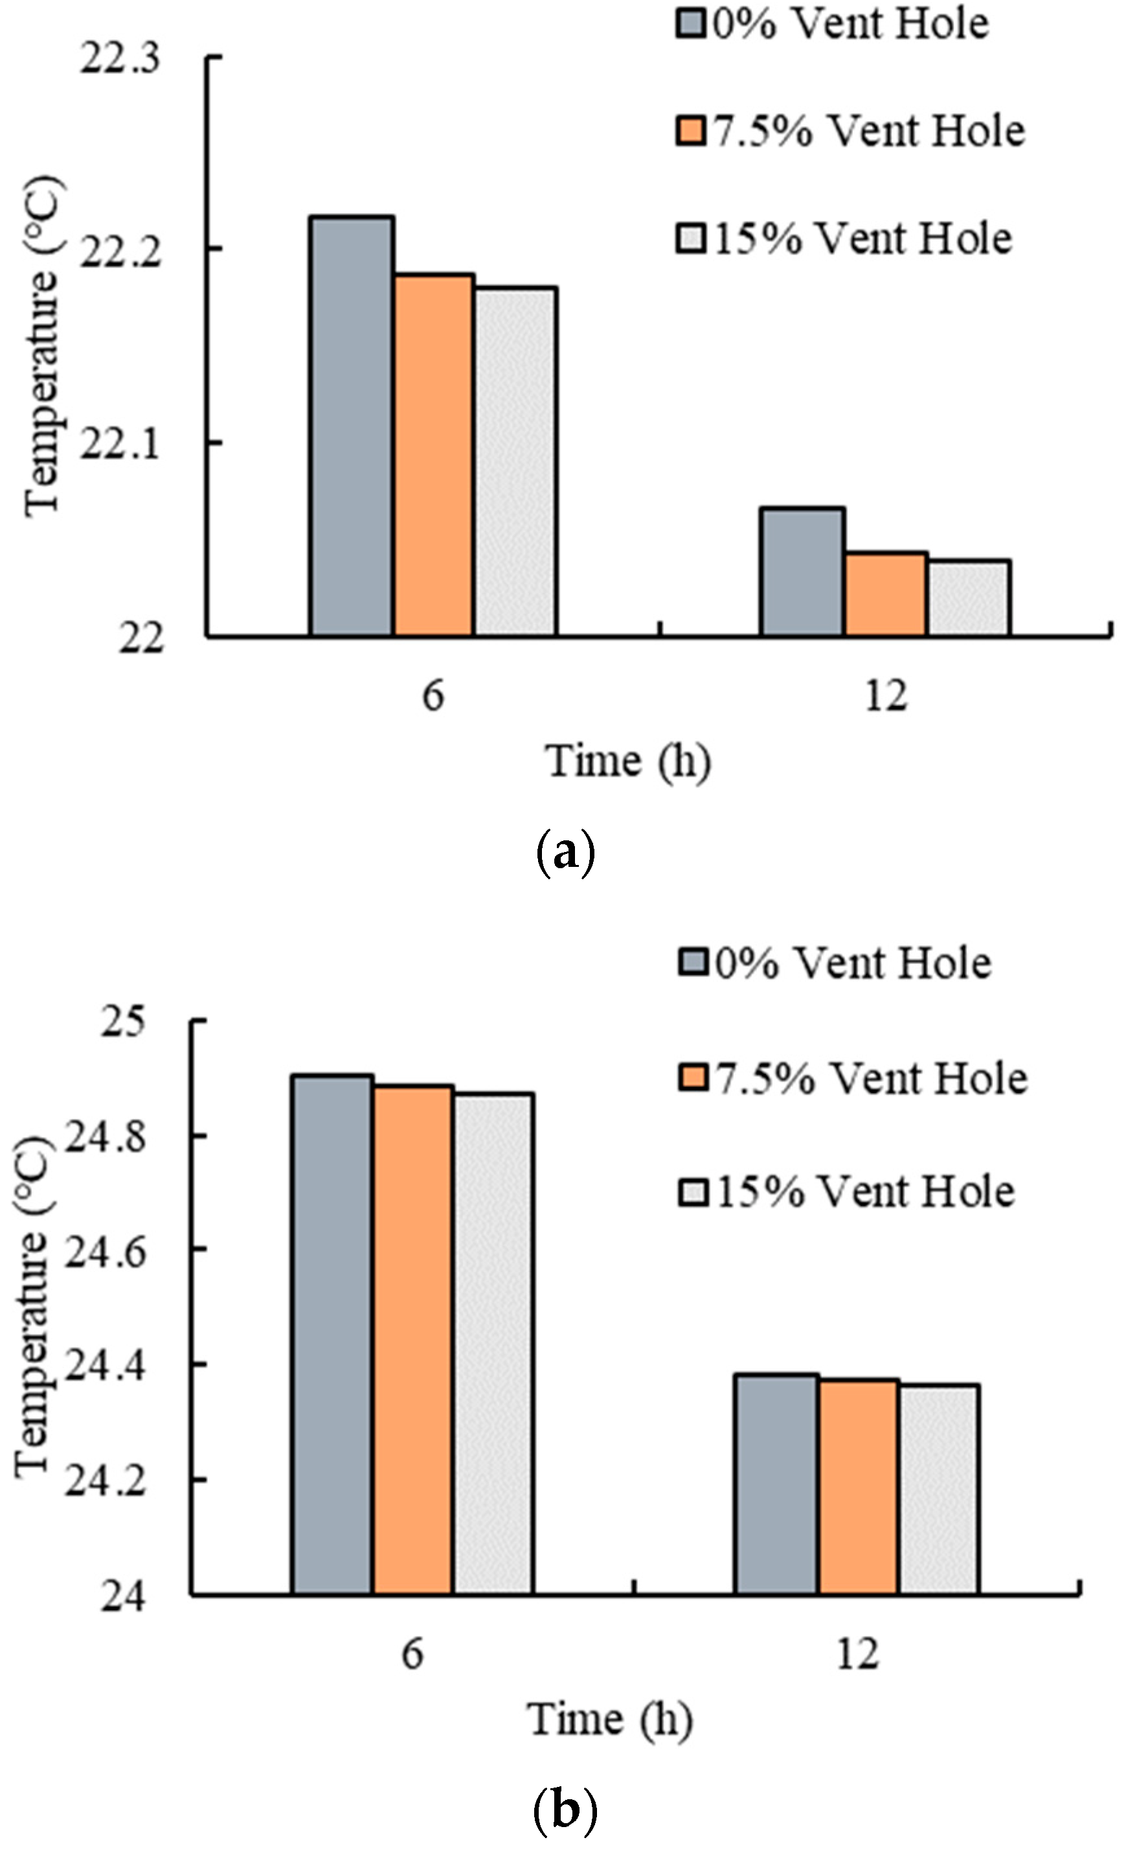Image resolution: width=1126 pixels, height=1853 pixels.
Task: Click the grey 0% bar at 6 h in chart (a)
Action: pyautogui.click(x=352, y=426)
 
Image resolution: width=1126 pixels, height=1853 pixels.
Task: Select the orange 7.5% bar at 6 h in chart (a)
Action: pyautogui.click(x=434, y=455)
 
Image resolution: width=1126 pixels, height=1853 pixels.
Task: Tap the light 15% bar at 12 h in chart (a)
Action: pyautogui.click(x=969, y=598)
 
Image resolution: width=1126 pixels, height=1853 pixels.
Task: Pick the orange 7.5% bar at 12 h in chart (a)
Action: pyautogui.click(x=886, y=594)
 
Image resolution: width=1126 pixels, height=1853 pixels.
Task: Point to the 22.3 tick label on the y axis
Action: pyautogui.click(x=120, y=59)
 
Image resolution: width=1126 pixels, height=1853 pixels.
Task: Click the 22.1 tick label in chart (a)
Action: pyautogui.click(x=120, y=444)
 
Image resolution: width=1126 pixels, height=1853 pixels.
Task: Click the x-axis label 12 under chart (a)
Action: pyautogui.click(x=886, y=696)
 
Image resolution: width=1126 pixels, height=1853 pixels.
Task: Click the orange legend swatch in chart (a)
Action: pyautogui.click(x=690, y=131)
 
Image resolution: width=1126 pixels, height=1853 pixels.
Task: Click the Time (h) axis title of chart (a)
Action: pyautogui.click(x=627, y=761)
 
